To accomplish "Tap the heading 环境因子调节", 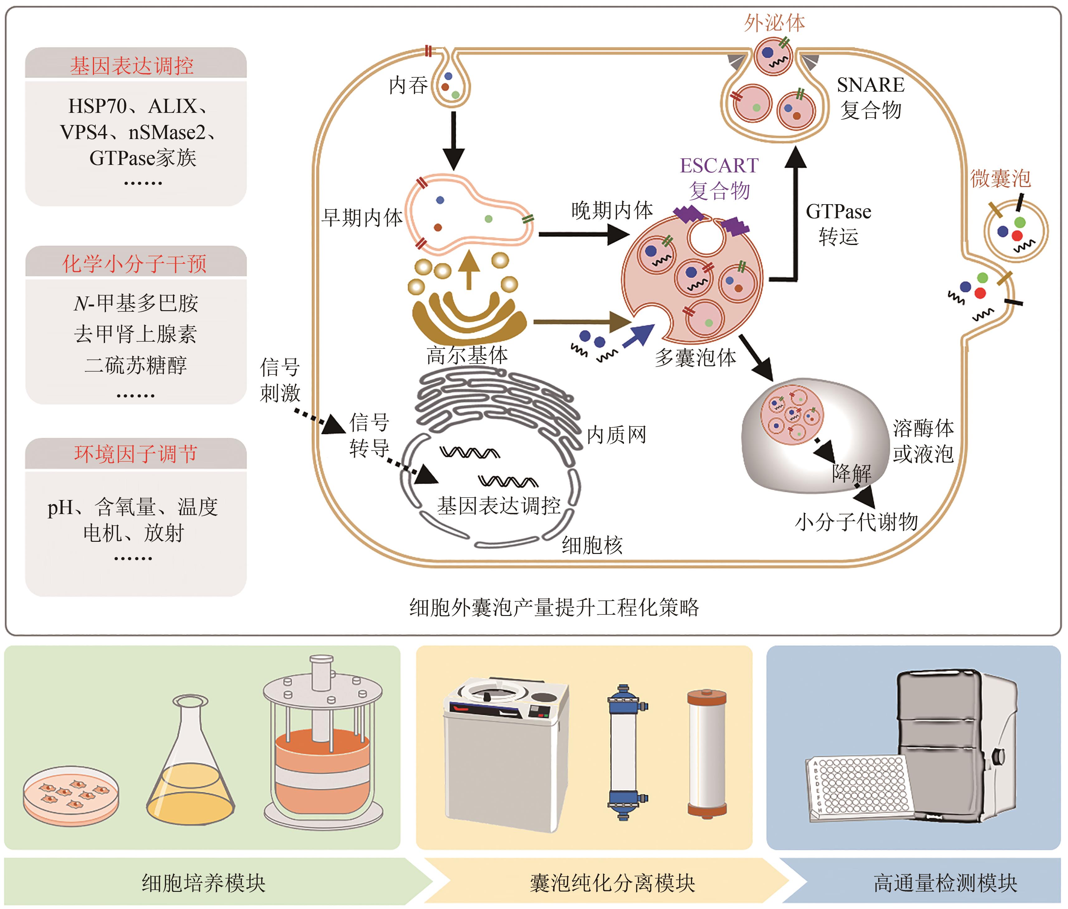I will pos(136,454).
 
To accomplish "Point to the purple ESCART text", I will pos(719,166).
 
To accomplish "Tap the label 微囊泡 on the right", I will pos(1000,178).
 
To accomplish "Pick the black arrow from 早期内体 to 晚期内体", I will pos(582,234).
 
